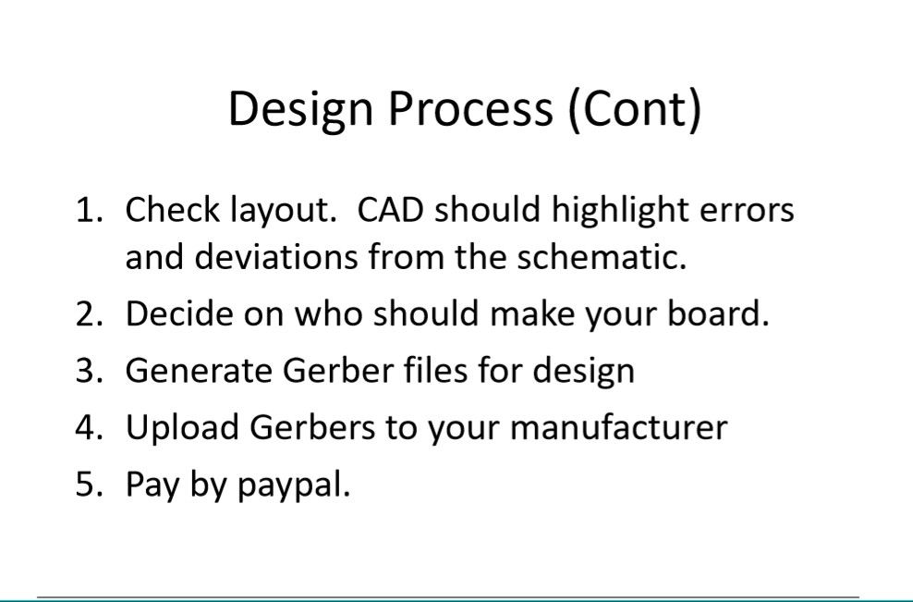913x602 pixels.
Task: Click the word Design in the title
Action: click(x=300, y=110)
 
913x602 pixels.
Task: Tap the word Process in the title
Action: click(x=470, y=108)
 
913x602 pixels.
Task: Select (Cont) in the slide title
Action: click(x=635, y=110)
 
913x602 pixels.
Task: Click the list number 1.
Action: click(x=89, y=210)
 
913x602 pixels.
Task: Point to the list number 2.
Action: click(x=89, y=313)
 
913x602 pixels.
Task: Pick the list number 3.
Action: click(x=89, y=370)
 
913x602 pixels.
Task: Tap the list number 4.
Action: click(x=89, y=426)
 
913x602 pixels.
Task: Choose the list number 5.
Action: click(x=89, y=484)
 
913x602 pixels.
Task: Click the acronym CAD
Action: click(x=390, y=210)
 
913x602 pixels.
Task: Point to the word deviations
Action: click(x=275, y=256)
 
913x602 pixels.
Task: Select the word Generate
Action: click(x=199, y=371)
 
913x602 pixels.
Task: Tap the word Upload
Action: click(x=182, y=426)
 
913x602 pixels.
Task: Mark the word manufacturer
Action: click(x=618, y=426)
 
